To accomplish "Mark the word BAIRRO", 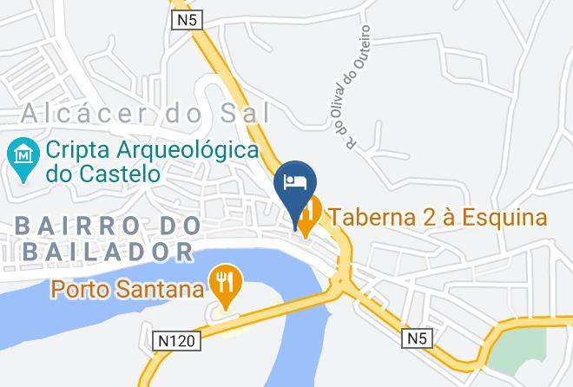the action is click(63, 226).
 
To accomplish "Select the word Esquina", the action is click(506, 217).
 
